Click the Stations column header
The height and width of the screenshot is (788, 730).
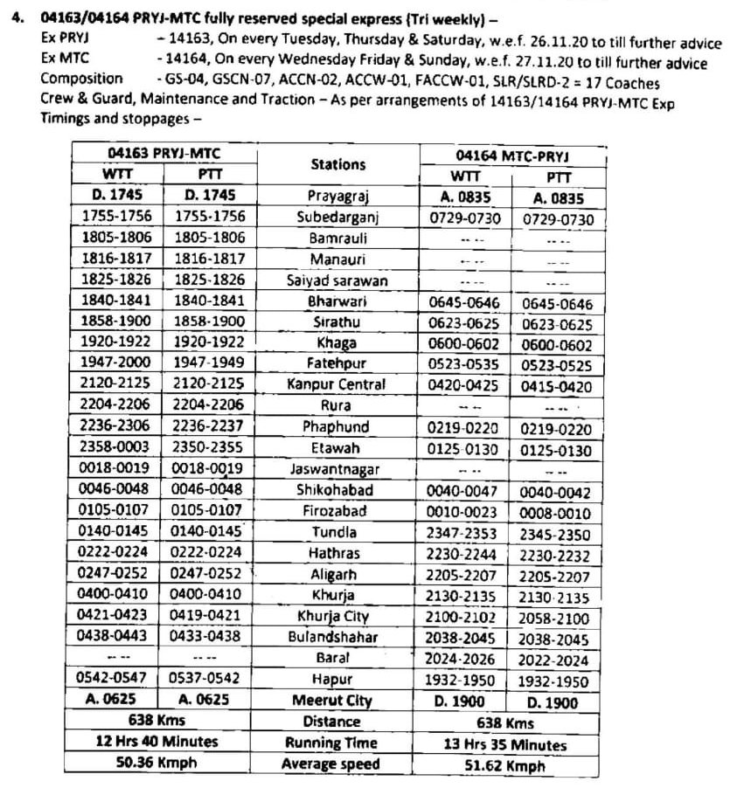[x=337, y=164]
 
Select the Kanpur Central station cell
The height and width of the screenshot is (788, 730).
[x=336, y=384]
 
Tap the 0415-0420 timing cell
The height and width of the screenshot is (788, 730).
[x=556, y=386]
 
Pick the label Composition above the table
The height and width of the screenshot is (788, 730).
[x=75, y=80]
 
